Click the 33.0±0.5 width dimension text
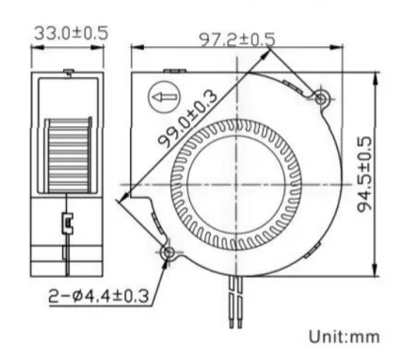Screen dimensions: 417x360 click(71, 33)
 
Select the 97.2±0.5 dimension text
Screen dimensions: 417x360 click(237, 40)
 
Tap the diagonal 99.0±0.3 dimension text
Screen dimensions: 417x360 click(187, 119)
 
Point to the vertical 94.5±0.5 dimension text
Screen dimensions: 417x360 click(364, 174)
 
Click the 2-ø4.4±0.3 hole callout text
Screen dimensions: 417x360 click(98, 296)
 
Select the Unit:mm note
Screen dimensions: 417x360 click(345, 336)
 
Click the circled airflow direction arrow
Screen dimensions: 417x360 click(164, 98)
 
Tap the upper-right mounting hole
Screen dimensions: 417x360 click(320, 99)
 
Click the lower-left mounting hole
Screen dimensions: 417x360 click(168, 253)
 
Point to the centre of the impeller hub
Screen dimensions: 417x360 click(236, 184)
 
